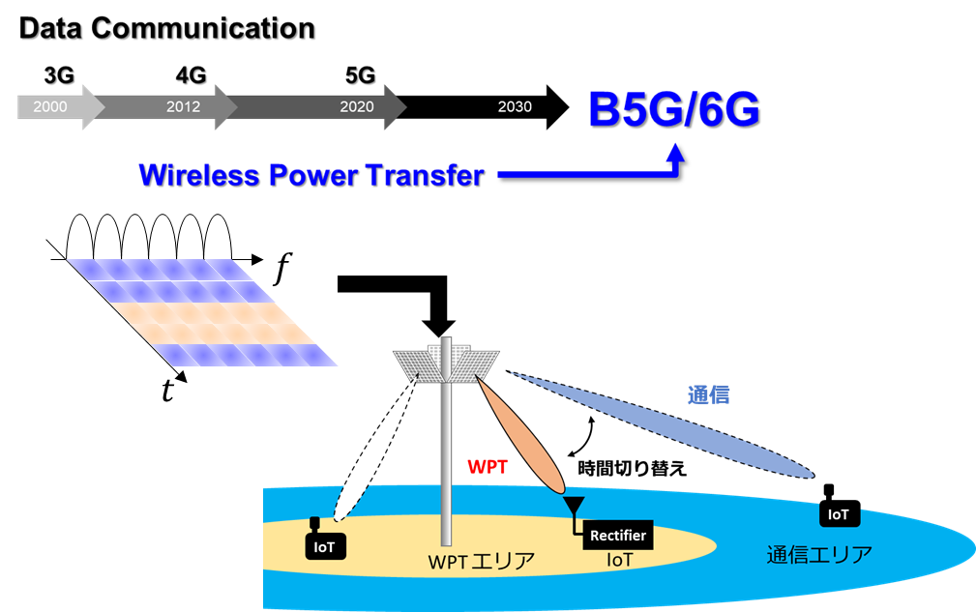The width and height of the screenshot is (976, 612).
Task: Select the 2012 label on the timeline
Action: click(183, 106)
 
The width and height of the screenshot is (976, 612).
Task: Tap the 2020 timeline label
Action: click(357, 106)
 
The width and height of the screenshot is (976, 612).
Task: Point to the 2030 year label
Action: click(515, 106)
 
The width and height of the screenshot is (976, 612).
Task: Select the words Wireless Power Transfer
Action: click(311, 175)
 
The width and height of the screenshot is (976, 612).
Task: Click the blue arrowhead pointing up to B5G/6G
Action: click(675, 152)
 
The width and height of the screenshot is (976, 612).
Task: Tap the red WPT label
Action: click(488, 467)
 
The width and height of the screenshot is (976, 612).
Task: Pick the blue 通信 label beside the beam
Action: click(708, 394)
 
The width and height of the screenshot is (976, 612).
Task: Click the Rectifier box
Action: click(618, 536)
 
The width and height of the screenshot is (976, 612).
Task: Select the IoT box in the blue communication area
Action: click(838, 514)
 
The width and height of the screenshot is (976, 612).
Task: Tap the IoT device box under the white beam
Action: click(325, 546)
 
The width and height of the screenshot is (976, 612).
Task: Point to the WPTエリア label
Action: click(482, 562)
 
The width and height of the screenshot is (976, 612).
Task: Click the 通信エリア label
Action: click(819, 554)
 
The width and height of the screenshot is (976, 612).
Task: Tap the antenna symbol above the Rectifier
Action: click(573, 507)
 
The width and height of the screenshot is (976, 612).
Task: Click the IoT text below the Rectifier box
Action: click(619, 560)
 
